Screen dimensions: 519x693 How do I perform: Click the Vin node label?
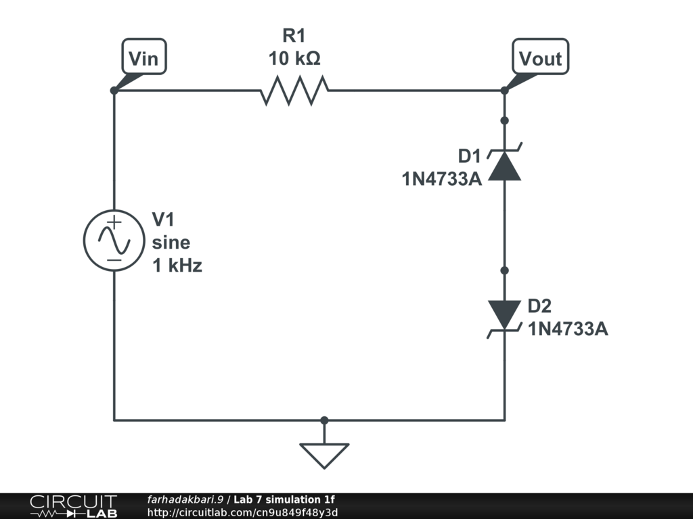tap(143, 58)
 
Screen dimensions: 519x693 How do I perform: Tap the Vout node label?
tap(540, 58)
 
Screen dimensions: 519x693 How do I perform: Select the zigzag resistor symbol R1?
tap(294, 91)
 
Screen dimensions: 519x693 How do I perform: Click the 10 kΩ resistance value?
tap(294, 59)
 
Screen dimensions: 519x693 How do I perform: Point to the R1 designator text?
tap(294, 35)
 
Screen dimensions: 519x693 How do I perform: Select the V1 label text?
tap(163, 220)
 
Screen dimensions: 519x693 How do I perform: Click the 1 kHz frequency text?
tap(177, 266)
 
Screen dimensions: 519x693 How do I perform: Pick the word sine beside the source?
tap(171, 243)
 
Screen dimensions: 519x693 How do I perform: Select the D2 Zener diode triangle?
tap(505, 314)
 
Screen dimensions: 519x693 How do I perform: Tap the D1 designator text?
tap(469, 156)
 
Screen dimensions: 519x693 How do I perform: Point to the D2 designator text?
tap(539, 305)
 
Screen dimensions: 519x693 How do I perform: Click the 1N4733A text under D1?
tap(441, 180)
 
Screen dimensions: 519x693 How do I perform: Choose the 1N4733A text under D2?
tap(568, 329)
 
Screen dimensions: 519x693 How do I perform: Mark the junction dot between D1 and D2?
tap(505, 270)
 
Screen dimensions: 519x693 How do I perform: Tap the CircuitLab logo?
tap(73, 505)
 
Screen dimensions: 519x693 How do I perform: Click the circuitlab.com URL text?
tap(242, 512)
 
